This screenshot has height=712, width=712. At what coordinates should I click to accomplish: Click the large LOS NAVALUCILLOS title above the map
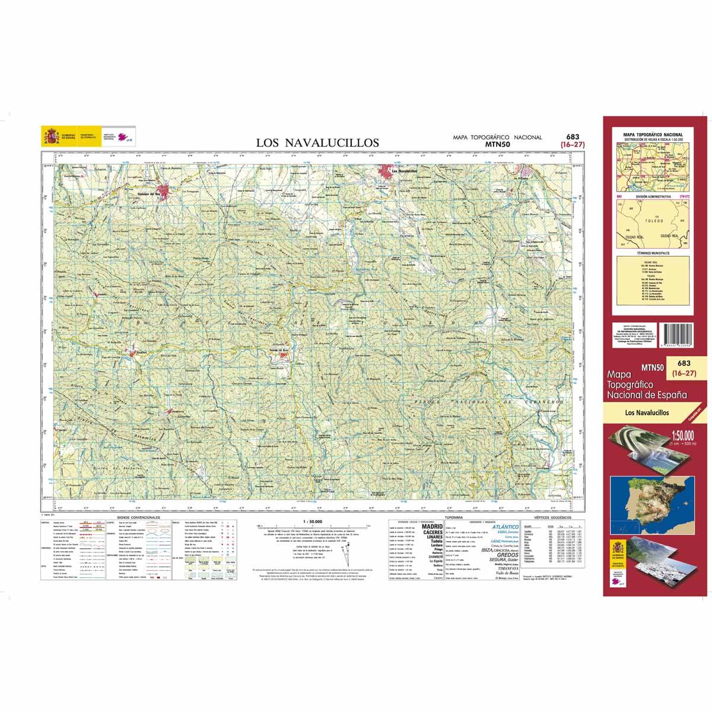point(317,142)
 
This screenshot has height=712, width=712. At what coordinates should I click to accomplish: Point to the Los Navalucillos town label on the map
point(403,171)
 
